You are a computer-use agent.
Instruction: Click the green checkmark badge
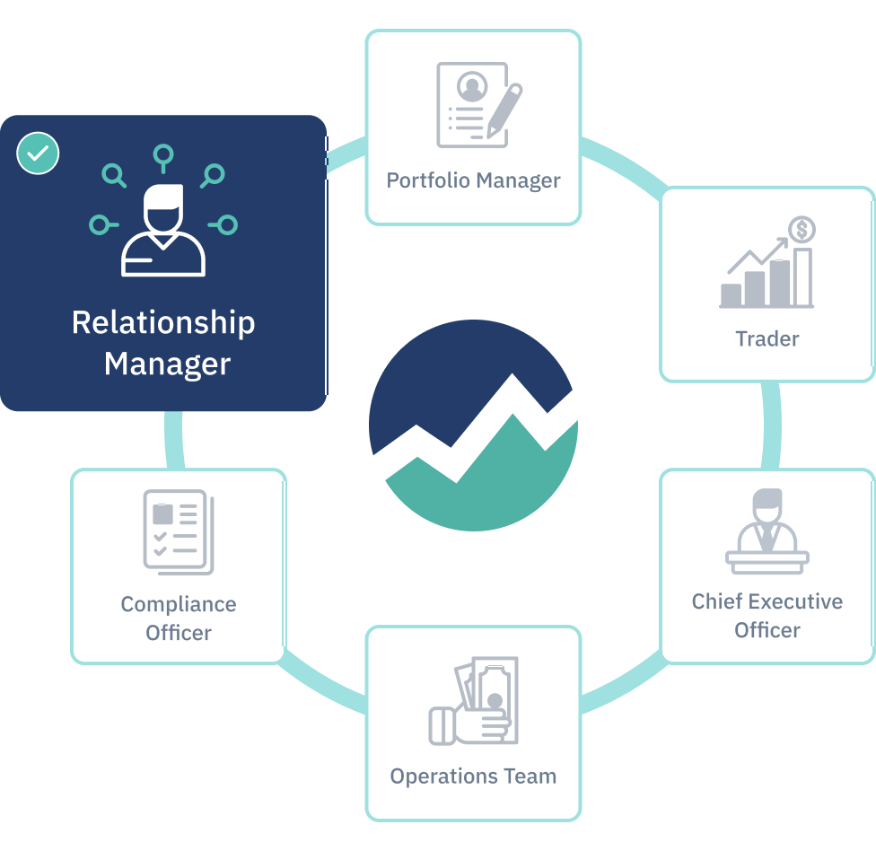pyautogui.click(x=38, y=154)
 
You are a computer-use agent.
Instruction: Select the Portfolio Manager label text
pyautogui.click(x=473, y=180)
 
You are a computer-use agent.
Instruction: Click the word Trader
pyautogui.click(x=766, y=338)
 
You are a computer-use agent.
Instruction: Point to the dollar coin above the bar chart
pyautogui.click(x=802, y=230)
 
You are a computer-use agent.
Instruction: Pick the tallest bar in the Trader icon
pyautogui.click(x=802, y=276)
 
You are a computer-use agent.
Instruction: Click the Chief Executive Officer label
pyautogui.click(x=766, y=615)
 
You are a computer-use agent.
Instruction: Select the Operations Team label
pyautogui.click(x=473, y=776)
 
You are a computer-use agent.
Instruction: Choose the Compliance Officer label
pyautogui.click(x=179, y=618)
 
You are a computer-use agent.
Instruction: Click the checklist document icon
pyautogui.click(x=177, y=531)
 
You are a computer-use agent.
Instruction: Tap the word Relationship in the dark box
pyautogui.click(x=163, y=323)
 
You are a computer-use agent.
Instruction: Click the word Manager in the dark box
pyautogui.click(x=167, y=364)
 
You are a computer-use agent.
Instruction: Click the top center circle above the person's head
pyautogui.click(x=162, y=155)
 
